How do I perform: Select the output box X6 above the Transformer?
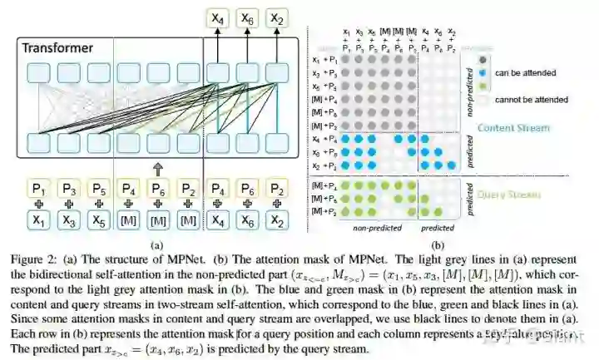click(248, 17)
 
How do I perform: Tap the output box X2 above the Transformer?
click(277, 17)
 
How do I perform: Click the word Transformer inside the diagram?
click(57, 48)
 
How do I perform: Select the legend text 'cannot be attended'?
click(530, 99)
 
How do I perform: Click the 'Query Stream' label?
click(510, 195)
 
